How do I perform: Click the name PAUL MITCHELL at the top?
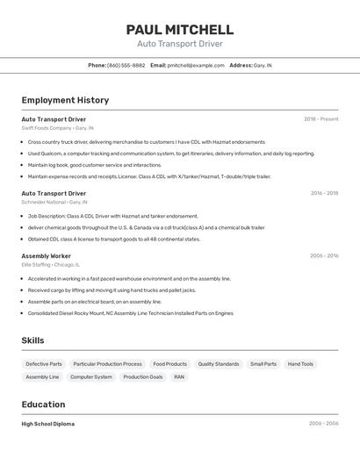point(179,30)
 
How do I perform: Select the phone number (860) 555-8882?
point(126,65)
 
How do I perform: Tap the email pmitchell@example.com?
point(196,65)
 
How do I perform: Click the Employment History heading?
point(65,101)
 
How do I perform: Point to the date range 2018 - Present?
point(320,119)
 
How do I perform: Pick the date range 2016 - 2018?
point(324,193)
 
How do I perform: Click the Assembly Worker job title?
point(47,255)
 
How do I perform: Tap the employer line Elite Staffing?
point(50,264)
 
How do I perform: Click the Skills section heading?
point(33,340)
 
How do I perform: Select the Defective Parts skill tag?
point(44,364)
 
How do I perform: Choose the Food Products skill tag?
point(169,364)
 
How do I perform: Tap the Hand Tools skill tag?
point(300,364)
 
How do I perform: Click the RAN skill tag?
point(179,377)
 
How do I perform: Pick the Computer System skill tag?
point(91,377)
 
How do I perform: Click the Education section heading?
point(43,404)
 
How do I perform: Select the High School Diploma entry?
point(48,424)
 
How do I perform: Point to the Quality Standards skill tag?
point(219,364)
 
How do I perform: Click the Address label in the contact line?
point(241,65)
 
